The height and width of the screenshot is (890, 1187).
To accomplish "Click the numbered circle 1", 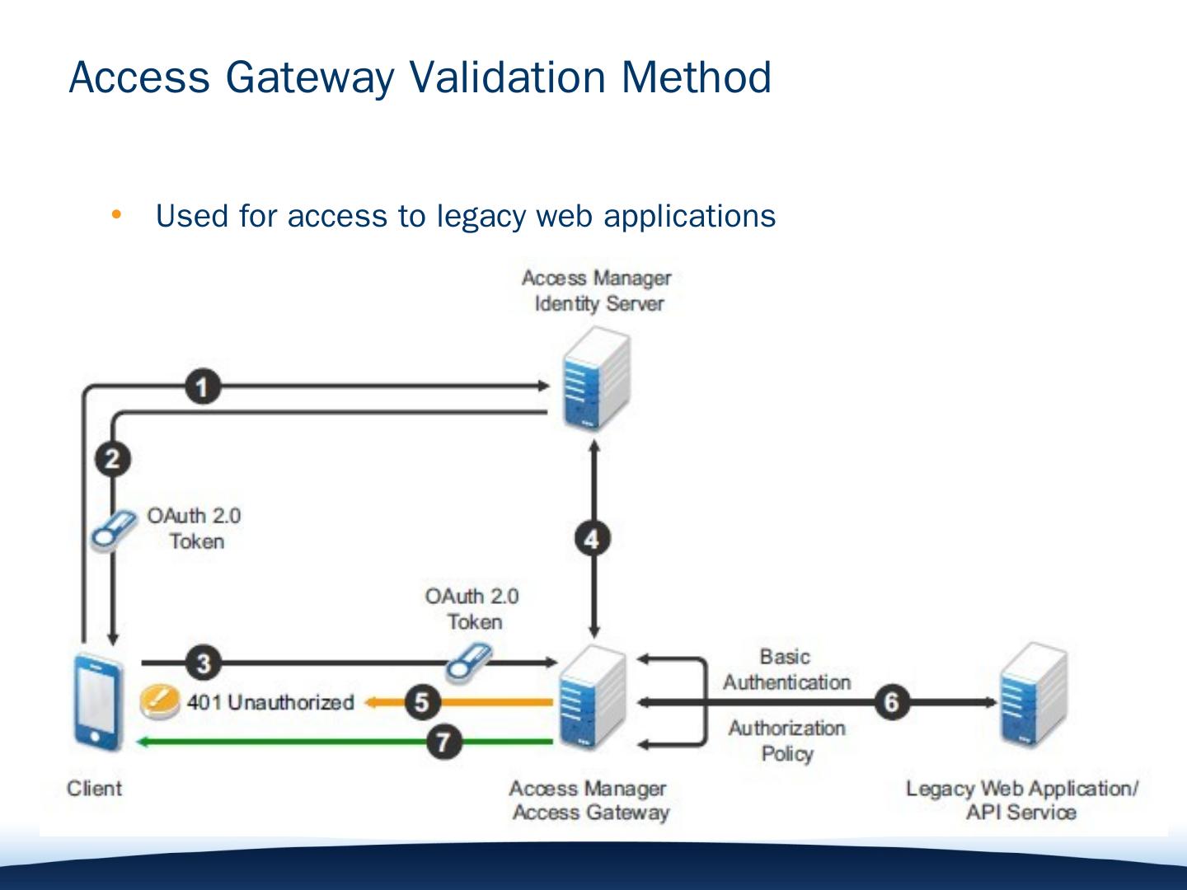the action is pyautogui.click(x=203, y=387).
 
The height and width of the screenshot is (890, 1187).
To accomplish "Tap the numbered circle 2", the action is pyautogui.click(x=112, y=459).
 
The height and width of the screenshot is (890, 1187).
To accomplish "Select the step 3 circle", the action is pyautogui.click(x=204, y=663).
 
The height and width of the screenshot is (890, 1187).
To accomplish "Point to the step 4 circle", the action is pyautogui.click(x=593, y=539).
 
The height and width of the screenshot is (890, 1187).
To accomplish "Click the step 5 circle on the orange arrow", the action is pyautogui.click(x=422, y=702).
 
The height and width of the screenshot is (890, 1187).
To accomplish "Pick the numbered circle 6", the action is pyautogui.click(x=892, y=702).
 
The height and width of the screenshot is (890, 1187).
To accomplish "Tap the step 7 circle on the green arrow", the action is pyautogui.click(x=444, y=742).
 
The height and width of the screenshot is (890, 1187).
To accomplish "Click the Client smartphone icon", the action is pyautogui.click(x=98, y=702).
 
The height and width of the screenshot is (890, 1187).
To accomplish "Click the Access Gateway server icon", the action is pyautogui.click(x=593, y=697).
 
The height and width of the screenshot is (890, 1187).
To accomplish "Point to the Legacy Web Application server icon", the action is pyautogui.click(x=1034, y=695).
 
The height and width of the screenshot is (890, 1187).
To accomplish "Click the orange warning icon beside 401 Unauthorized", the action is pyautogui.click(x=160, y=700).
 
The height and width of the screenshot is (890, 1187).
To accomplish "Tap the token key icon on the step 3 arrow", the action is pyautogui.click(x=469, y=662).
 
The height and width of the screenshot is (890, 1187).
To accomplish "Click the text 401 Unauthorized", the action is pyautogui.click(x=270, y=702).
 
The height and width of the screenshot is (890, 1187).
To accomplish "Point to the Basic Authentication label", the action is pyautogui.click(x=787, y=669).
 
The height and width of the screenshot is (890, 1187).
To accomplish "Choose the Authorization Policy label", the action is pyautogui.click(x=787, y=741).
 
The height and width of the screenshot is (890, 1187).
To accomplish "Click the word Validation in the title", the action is pyautogui.click(x=507, y=77).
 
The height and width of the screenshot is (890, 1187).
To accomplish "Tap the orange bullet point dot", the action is pyautogui.click(x=116, y=215).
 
